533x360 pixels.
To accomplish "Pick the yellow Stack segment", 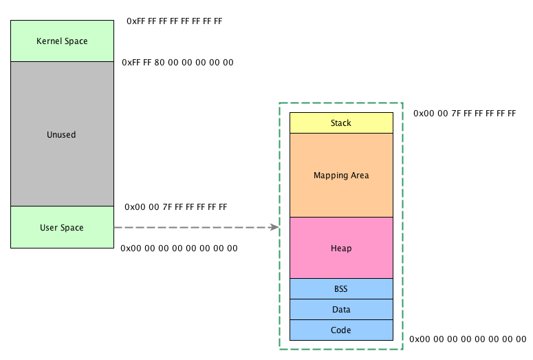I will pyautogui.click(x=341, y=123).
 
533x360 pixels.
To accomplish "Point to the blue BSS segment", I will pyautogui.click(x=341, y=289).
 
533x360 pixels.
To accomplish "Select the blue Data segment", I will pyautogui.click(x=341, y=310).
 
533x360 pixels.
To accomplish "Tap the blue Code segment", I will pyautogui.click(x=341, y=330).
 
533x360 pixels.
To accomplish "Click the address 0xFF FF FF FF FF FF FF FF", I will pyautogui.click(x=175, y=21).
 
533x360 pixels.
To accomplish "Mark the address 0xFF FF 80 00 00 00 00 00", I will pyautogui.click(x=177, y=63).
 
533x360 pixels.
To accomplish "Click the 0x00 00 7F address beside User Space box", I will pyautogui.click(x=176, y=207).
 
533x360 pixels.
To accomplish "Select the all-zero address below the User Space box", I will pyautogui.click(x=179, y=248).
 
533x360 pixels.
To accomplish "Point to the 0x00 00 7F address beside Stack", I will pyautogui.click(x=465, y=113).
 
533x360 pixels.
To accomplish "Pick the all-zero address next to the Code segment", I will pyautogui.click(x=468, y=339).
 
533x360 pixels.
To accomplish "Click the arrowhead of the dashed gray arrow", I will pyautogui.click(x=275, y=227).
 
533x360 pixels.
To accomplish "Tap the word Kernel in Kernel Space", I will pyautogui.click(x=50, y=41).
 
